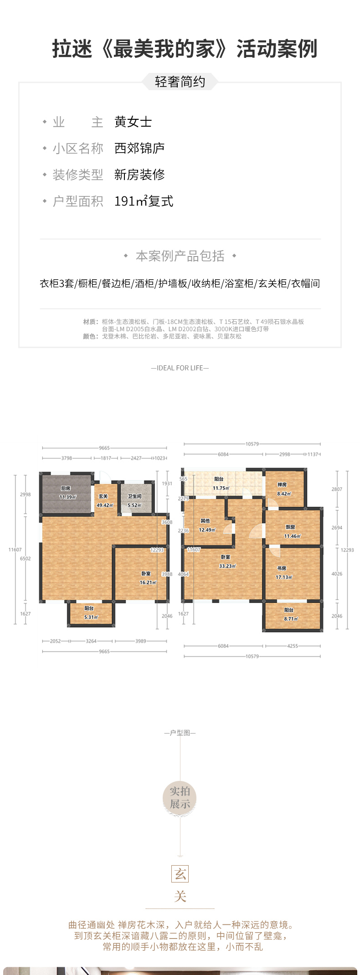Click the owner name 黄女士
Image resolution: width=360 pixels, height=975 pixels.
[133, 122]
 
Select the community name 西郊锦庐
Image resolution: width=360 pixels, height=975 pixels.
[139, 149]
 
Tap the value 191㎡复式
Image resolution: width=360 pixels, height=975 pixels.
[144, 201]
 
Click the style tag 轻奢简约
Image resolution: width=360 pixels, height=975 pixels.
[180, 82]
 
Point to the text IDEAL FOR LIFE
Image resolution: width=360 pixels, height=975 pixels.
[180, 368]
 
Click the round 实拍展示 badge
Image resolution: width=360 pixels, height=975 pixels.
[180, 798]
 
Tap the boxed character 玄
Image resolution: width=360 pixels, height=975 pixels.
[180, 874]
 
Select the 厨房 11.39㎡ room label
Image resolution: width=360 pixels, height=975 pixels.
[67, 493]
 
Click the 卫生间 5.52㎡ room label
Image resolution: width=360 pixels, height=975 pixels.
[134, 501]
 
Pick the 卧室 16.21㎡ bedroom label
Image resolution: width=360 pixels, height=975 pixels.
[147, 578]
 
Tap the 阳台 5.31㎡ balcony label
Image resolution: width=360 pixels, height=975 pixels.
[90, 613]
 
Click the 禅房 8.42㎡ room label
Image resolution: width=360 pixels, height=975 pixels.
[283, 489]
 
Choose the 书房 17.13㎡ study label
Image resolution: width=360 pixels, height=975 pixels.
[283, 573]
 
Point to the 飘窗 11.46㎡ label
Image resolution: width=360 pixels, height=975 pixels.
[292, 532]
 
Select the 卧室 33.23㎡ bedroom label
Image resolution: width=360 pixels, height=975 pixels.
[226, 561]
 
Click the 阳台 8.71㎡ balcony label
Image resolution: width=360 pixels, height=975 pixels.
[290, 614]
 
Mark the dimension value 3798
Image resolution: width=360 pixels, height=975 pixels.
[67, 458]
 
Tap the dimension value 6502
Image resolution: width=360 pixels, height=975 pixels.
[26, 559]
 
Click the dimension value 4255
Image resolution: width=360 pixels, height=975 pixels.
[293, 646]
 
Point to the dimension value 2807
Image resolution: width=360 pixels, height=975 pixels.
[337, 489]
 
